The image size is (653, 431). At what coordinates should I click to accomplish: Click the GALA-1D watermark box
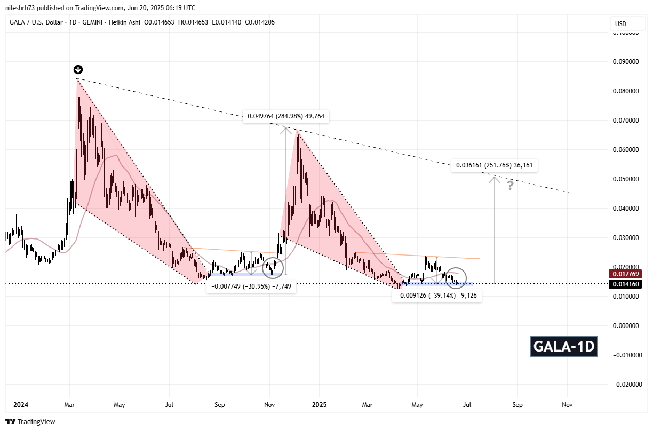[563, 347]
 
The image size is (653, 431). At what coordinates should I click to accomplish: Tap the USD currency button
[620, 24]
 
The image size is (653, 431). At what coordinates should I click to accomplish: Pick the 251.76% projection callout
[494, 166]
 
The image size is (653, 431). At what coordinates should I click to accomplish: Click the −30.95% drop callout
[251, 286]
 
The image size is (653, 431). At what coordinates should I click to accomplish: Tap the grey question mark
[511, 186]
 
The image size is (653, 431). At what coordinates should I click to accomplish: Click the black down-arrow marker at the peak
[78, 70]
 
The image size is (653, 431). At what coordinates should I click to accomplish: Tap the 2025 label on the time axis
[319, 405]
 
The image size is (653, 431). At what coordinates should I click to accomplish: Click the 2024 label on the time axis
[21, 405]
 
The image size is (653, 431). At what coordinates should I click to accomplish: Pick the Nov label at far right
[567, 405]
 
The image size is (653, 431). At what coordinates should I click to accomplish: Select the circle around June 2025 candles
[456, 277]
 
